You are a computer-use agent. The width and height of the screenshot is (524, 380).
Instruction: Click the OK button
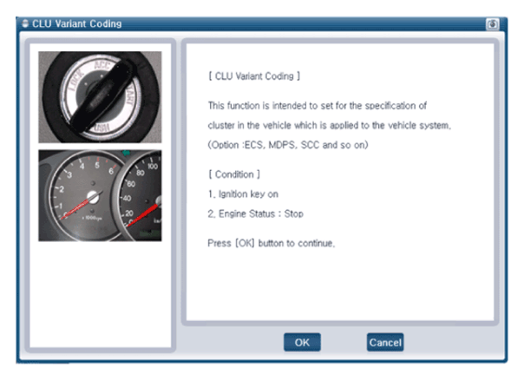point(302,342)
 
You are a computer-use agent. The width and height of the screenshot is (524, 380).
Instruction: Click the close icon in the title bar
point(492,24)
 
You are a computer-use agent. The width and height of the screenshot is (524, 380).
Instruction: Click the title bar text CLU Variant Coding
point(77,23)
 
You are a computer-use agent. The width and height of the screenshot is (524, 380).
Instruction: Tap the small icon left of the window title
point(25,23)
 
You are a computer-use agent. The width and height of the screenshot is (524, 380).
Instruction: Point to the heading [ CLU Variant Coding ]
point(254,76)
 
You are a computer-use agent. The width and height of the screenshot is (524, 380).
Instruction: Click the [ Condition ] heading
point(234,174)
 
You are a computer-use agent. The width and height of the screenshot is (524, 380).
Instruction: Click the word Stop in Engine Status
point(294,213)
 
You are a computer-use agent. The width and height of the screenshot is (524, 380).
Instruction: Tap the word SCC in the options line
point(310,145)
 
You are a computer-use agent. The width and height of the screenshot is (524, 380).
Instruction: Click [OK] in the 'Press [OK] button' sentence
point(245,243)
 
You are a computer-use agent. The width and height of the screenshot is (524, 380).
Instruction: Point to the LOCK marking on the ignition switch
point(76,82)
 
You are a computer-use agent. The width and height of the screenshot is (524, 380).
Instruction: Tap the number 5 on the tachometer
point(97,166)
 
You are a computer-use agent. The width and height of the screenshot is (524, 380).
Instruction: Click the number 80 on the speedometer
point(141,173)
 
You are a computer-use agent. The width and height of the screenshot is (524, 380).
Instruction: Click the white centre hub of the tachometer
point(93,198)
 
